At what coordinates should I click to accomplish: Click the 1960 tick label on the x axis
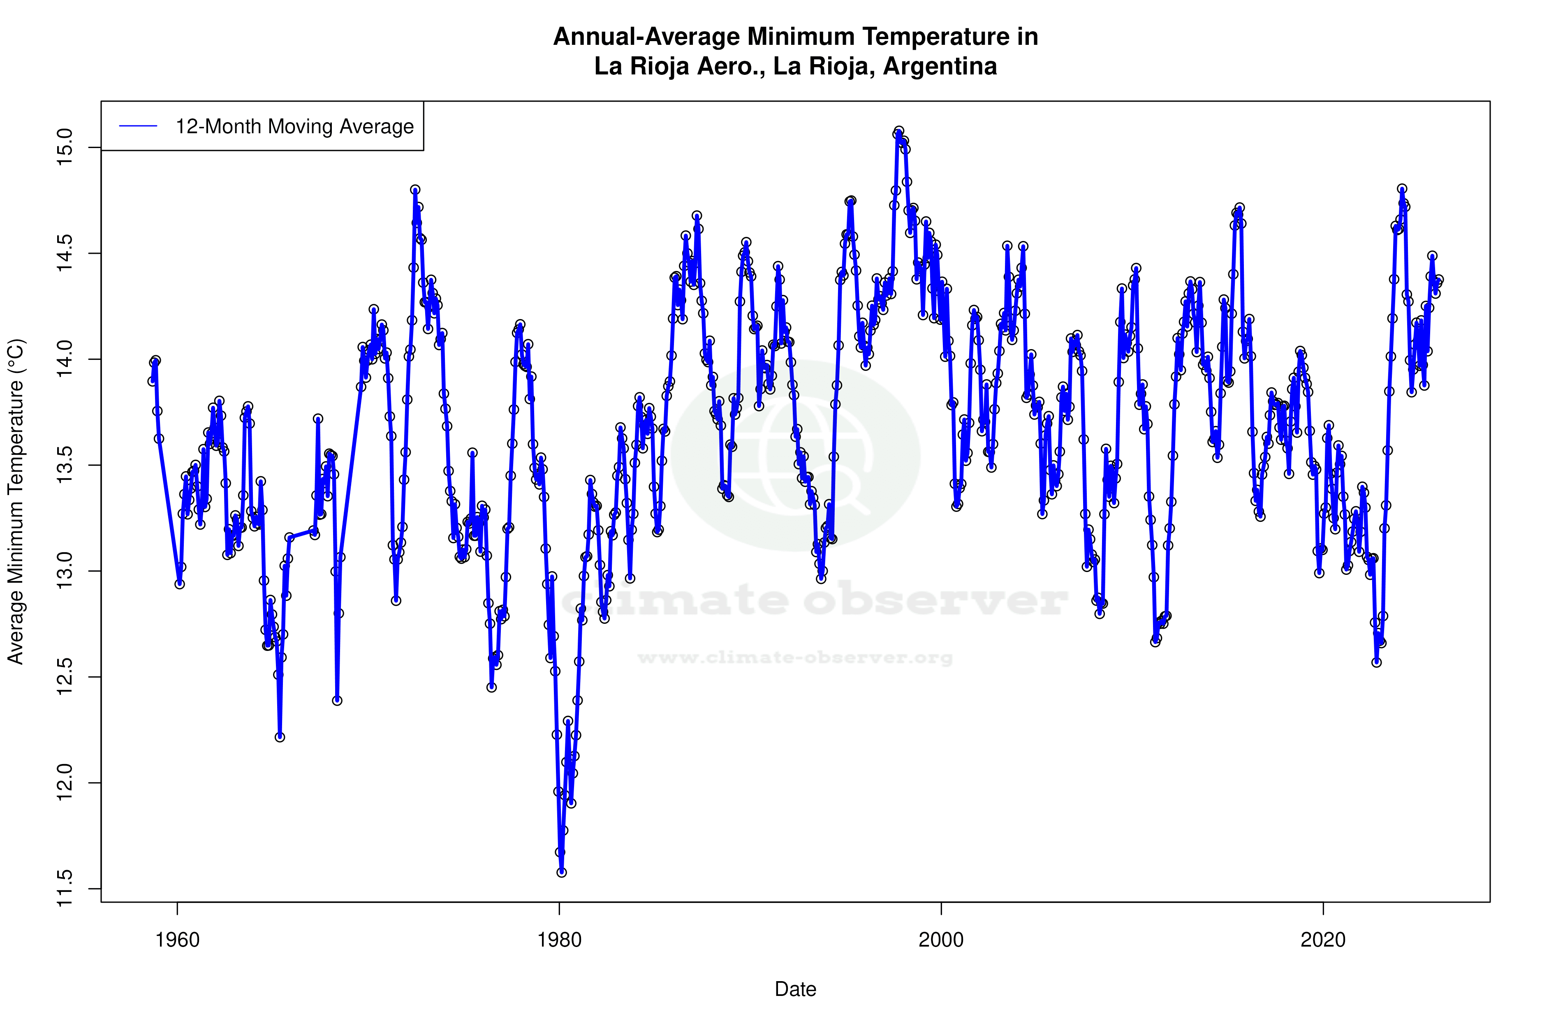click(177, 940)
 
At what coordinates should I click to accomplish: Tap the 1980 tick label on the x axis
click(559, 940)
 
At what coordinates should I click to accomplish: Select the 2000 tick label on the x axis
click(941, 940)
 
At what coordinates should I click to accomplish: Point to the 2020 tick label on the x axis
click(1323, 940)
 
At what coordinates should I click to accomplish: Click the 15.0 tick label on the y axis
click(64, 148)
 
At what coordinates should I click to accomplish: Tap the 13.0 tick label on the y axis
click(64, 571)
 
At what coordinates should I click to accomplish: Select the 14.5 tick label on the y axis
click(64, 254)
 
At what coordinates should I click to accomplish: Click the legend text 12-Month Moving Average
click(294, 127)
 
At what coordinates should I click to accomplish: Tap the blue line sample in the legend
click(138, 127)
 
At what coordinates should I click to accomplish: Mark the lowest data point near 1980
click(561, 872)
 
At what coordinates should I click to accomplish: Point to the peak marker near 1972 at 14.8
click(415, 190)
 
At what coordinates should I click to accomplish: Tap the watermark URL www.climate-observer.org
click(795, 658)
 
